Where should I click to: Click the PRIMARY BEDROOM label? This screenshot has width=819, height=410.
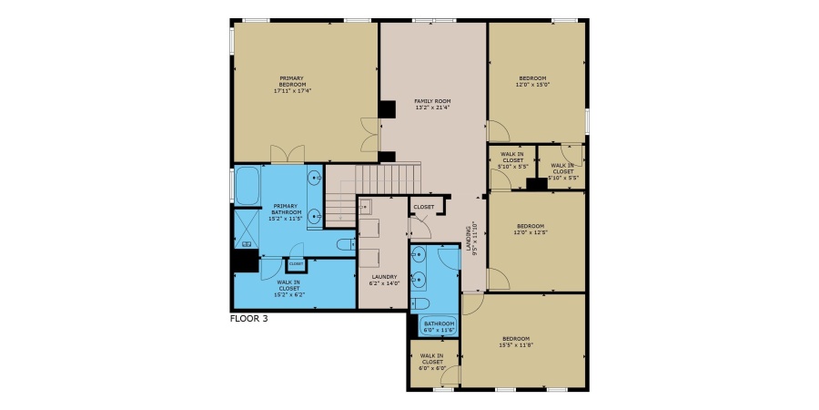pos(291,85)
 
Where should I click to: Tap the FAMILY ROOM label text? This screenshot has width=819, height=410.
pos(432,104)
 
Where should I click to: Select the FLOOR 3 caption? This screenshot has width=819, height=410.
pos(249,319)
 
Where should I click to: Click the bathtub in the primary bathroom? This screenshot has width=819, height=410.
pos(247,186)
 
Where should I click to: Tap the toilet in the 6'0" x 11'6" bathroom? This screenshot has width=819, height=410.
pos(420,303)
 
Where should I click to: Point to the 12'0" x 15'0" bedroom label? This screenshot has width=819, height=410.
pos(534,81)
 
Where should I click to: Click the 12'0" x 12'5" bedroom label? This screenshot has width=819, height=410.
pos(531,229)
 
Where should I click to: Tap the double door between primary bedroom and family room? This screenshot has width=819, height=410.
pos(367,137)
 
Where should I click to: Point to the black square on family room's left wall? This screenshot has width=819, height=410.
pos(388,109)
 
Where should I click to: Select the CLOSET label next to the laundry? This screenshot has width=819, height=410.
pos(424,207)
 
